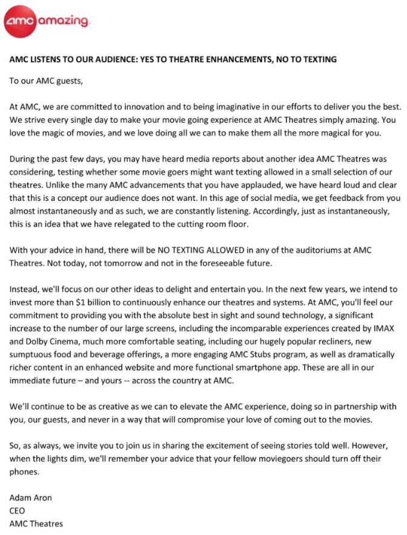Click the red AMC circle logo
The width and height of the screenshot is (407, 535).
(x=21, y=22)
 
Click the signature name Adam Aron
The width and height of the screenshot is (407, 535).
(x=30, y=498)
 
